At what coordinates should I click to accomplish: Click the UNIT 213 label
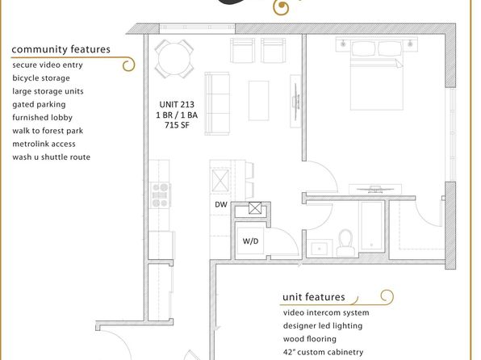click(177, 104)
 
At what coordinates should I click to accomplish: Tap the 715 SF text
click(177, 125)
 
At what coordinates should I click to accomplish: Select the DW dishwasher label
click(221, 204)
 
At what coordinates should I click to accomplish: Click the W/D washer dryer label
click(250, 241)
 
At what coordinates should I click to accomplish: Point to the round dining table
click(174, 59)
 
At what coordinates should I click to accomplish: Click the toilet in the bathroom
click(346, 242)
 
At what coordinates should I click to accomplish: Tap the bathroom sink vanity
click(320, 249)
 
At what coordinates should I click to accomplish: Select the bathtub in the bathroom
click(372, 226)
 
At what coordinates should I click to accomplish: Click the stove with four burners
click(160, 195)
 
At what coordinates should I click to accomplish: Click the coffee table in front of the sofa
click(258, 101)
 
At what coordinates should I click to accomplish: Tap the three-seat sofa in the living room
click(217, 104)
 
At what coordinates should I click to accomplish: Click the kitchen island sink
click(220, 180)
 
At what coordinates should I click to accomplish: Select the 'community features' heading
click(61, 49)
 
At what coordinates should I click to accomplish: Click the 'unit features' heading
click(313, 297)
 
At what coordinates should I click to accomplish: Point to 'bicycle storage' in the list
click(41, 78)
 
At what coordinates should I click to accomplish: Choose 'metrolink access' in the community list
click(44, 144)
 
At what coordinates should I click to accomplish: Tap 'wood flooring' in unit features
click(310, 339)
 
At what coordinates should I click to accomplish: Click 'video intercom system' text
click(326, 312)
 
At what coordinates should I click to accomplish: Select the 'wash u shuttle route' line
click(51, 157)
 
